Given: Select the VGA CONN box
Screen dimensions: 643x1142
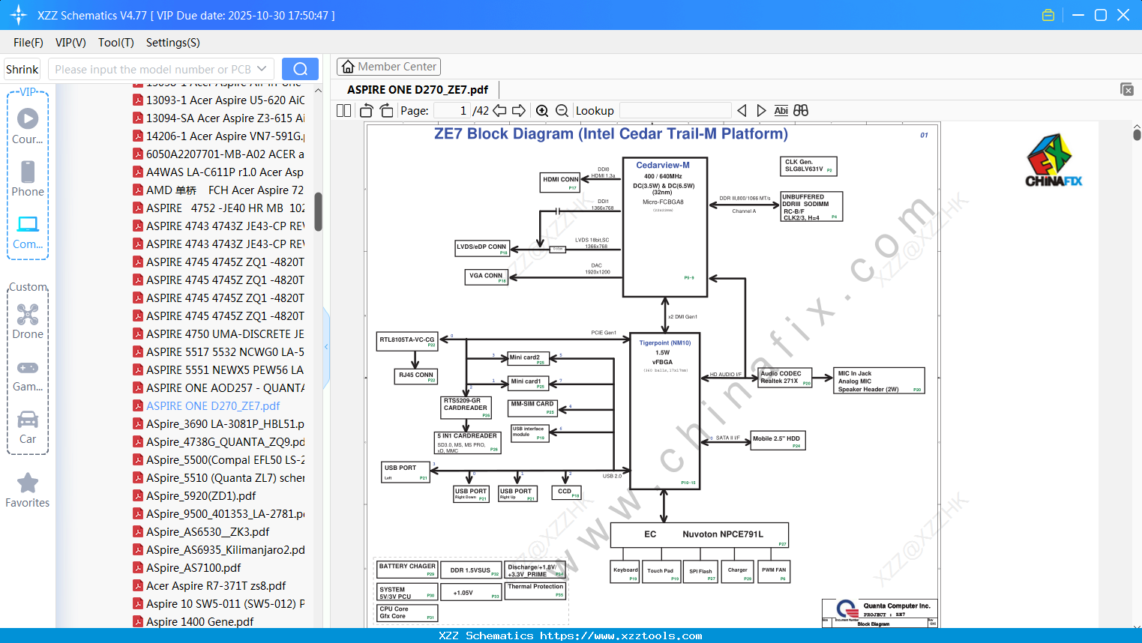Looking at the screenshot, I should click(x=487, y=277).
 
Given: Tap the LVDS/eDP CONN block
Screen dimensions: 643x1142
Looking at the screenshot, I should click(x=482, y=248).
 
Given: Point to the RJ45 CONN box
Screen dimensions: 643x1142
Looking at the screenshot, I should click(x=416, y=376).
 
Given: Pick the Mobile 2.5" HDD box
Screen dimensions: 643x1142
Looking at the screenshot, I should click(x=778, y=440).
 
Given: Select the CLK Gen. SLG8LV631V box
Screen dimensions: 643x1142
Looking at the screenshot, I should click(x=808, y=166).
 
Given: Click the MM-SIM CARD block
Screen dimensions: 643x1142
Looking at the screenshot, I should click(x=532, y=407).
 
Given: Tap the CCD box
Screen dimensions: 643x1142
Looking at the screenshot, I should click(x=566, y=492).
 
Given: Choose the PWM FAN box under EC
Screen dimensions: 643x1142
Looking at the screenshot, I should click(x=774, y=572).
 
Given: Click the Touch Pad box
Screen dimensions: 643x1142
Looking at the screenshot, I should click(x=661, y=572).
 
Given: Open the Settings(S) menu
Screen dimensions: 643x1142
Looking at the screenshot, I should click(x=172, y=43).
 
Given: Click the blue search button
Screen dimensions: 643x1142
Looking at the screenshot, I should click(x=300, y=69).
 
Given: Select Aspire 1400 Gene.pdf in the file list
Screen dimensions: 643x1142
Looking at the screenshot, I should click(x=199, y=621).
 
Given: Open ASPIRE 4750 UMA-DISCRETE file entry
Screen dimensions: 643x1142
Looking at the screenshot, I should click(x=225, y=333).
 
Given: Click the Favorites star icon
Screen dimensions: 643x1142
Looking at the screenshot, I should click(x=28, y=483).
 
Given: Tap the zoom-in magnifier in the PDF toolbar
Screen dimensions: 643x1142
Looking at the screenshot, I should click(x=542, y=111).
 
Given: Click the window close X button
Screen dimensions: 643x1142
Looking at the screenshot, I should click(x=1123, y=15).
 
